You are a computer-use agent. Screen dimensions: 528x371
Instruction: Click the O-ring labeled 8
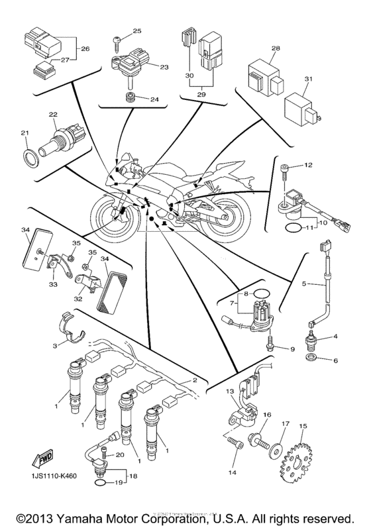pos(262,293)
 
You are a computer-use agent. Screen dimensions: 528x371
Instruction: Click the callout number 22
pos(52,115)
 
